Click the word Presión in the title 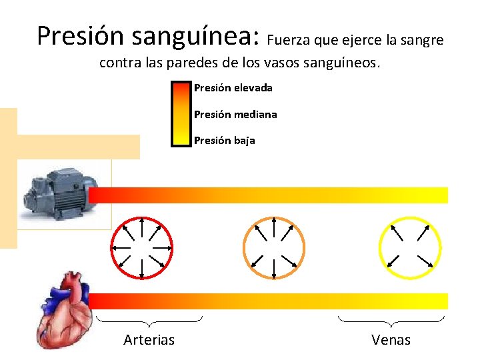click(x=81, y=36)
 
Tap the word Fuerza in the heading click(x=287, y=40)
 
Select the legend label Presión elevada click(x=233, y=88)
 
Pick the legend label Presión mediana click(x=235, y=115)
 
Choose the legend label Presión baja click(x=224, y=141)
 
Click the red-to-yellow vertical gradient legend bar click(x=181, y=113)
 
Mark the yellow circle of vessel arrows click(x=409, y=247)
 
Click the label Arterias click(x=149, y=340)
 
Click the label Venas click(x=391, y=340)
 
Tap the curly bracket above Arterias click(x=149, y=320)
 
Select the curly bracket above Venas click(x=391, y=320)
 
